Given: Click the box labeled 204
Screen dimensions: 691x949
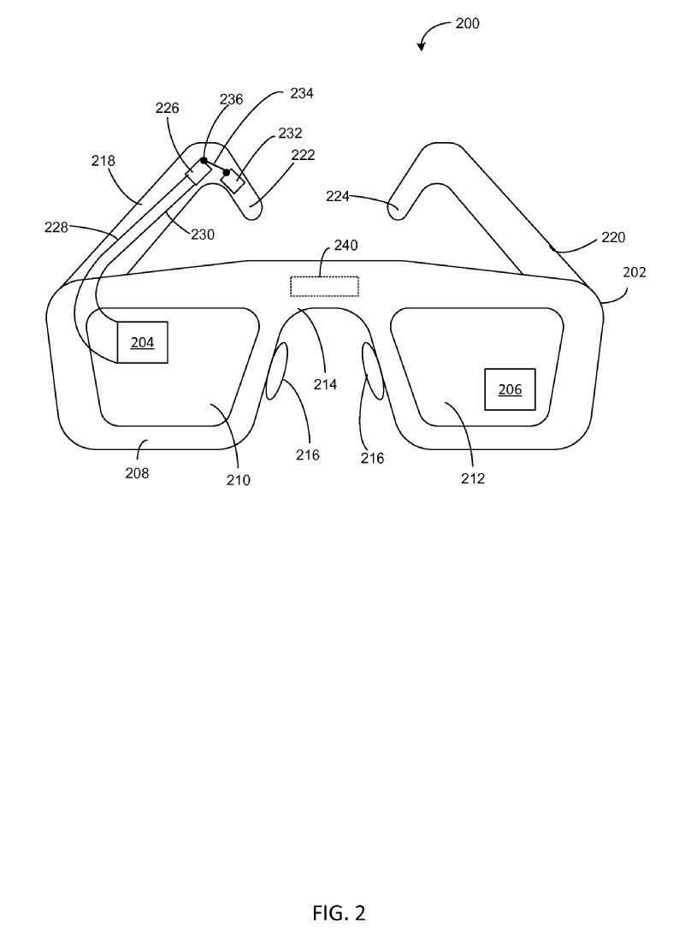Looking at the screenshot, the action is (142, 342).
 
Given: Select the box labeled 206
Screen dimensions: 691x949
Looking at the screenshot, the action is (510, 389).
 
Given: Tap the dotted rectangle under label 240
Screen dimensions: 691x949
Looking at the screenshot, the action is (324, 287).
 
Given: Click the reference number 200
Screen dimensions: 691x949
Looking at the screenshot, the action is (467, 24).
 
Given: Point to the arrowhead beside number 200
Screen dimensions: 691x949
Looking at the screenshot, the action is (421, 46).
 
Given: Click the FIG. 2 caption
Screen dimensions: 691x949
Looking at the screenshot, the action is (339, 912).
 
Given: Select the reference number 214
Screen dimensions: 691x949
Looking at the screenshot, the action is (325, 384).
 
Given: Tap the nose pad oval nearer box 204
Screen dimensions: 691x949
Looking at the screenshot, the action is (276, 371).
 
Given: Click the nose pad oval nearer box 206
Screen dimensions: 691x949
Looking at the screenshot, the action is (373, 371).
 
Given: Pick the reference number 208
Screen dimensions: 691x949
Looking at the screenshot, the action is (137, 473).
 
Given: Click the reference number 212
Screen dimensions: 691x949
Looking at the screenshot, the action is (473, 478).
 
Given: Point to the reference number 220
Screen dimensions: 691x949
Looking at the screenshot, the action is (613, 237).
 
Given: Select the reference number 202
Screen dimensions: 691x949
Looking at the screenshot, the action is (634, 272).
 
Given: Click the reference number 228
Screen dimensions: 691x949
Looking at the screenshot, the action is (56, 228).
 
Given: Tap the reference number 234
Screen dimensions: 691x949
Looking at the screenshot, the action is (301, 93).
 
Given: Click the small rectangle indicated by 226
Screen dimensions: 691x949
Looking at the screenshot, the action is (198, 171).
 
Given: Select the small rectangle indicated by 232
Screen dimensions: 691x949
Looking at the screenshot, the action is (233, 181).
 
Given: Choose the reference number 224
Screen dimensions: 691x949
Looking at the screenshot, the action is (338, 196).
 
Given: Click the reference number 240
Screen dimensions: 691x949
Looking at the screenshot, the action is (345, 245).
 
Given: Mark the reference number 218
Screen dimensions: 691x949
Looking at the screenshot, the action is (103, 161).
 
